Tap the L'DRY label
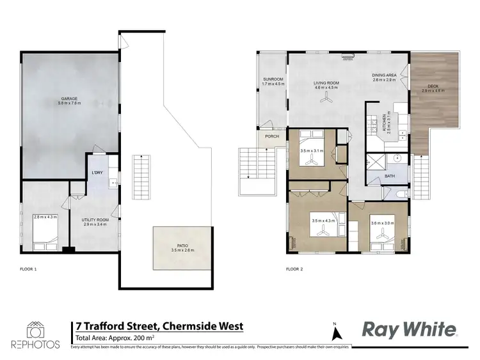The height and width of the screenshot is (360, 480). pos(97,173)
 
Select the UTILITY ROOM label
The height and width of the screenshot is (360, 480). pos(94,219)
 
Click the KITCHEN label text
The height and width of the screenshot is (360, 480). pos(385,120)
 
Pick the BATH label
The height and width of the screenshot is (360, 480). pos(389,175)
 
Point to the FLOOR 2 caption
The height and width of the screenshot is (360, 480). pos(294,269)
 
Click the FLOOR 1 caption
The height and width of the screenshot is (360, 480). pos(29,269)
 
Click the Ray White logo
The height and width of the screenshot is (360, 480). pos(410,329)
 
